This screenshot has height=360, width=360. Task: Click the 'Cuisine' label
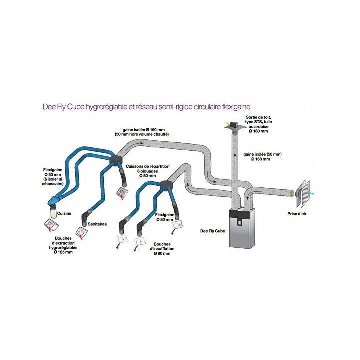pyautogui.click(x=64, y=214)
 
